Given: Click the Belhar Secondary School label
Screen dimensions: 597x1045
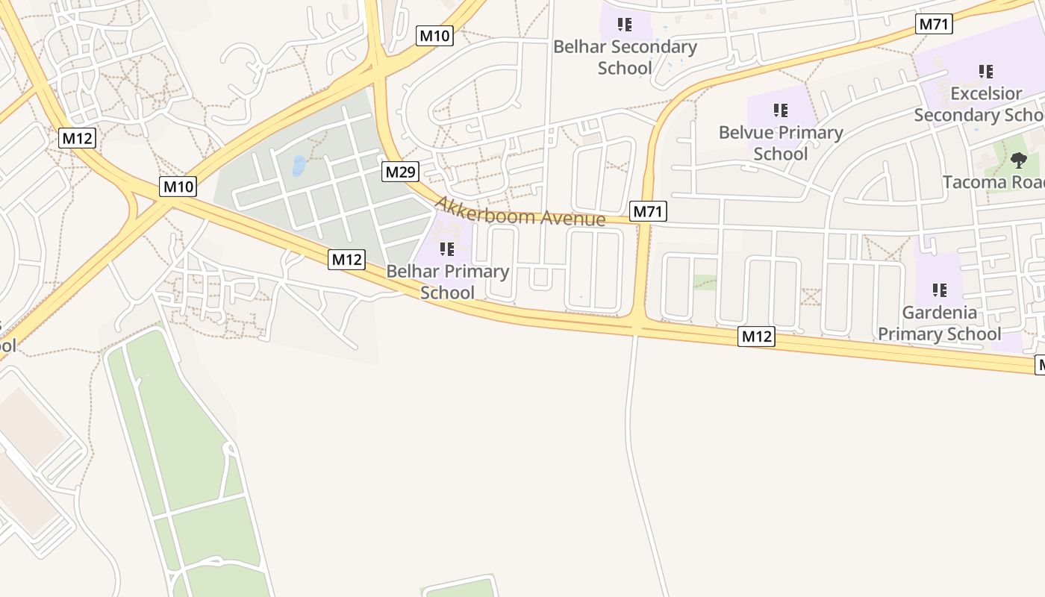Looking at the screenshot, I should [x=625, y=57].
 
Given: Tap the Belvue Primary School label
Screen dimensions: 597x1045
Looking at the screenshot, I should [x=780, y=143].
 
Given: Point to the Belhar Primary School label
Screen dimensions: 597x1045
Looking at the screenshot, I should [x=447, y=281].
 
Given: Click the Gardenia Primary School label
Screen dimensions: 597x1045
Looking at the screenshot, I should [x=939, y=322].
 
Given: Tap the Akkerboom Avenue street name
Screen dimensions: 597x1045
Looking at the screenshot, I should [x=520, y=211].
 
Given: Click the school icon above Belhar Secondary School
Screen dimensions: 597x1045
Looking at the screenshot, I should [x=625, y=25].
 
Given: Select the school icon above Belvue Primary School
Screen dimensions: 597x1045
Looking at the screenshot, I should [x=781, y=111].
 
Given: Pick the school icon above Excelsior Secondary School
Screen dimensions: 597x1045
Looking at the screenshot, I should [x=986, y=72].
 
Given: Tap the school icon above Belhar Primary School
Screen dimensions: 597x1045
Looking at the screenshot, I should [x=447, y=249].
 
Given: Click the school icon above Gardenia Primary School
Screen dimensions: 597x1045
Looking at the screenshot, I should [x=939, y=290].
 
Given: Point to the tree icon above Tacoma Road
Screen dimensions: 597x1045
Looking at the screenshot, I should [x=1018, y=160].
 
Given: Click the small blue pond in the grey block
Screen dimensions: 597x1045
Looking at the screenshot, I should [x=299, y=165].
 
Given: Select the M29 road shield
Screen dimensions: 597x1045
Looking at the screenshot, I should [x=400, y=172].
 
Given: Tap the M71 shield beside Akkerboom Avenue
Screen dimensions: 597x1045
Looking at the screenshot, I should [x=647, y=211].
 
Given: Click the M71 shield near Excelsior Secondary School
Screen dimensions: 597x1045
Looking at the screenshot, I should [x=934, y=24].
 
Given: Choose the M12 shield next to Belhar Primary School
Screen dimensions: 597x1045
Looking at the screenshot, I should [x=346, y=260].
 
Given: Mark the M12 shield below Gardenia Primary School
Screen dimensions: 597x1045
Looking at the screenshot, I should [x=757, y=337].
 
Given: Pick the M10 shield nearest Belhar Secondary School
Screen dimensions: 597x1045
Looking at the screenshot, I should [x=434, y=35].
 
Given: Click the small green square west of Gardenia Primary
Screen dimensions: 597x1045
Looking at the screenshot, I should [x=705, y=282].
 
